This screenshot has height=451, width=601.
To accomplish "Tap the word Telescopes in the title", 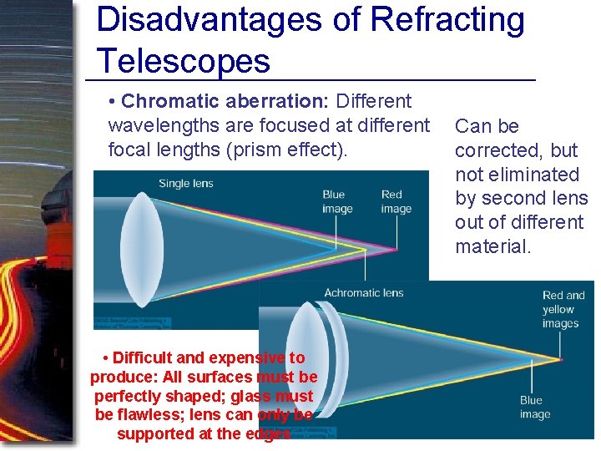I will pyautogui.click(x=184, y=61).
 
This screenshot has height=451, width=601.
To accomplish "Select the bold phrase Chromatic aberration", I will pyautogui.click(x=225, y=102).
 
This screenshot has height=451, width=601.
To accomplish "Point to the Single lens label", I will pyautogui.click(x=185, y=184).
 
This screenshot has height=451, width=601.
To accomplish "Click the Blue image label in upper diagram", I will pyautogui.click(x=337, y=202).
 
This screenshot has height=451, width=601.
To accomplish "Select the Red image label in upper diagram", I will pyautogui.click(x=396, y=202).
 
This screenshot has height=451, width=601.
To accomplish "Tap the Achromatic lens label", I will pyautogui.click(x=363, y=293).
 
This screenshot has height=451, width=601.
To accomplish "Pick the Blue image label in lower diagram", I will pyautogui.click(x=534, y=408).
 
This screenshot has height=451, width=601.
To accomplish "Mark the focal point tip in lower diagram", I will pyautogui.click(x=560, y=360).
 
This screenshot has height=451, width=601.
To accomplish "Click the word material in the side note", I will pyautogui.click(x=492, y=246).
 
